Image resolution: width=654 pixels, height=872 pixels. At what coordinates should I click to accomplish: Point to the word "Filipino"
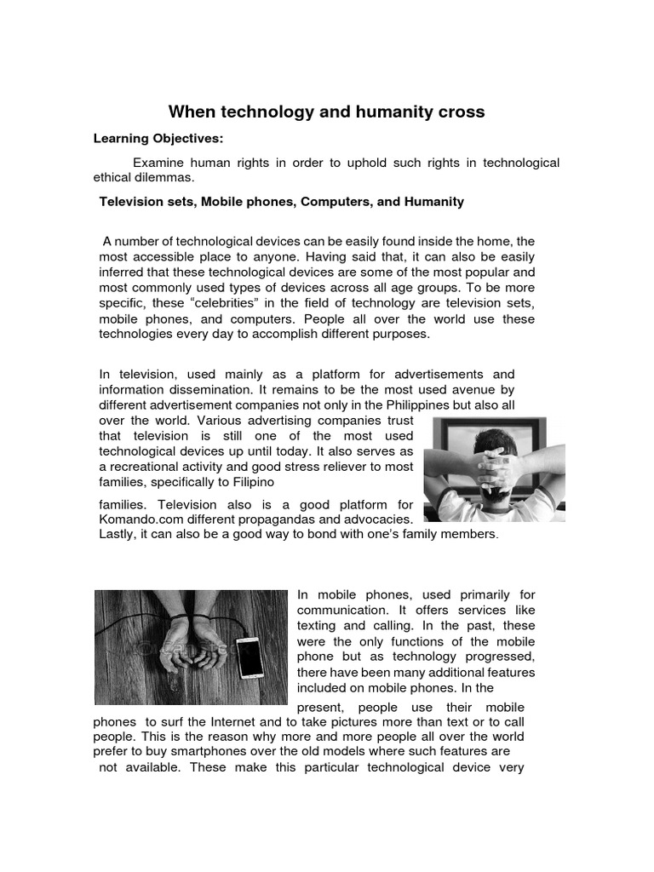pos(224,482)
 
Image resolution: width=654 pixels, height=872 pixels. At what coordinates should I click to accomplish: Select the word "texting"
pos(319,625)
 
